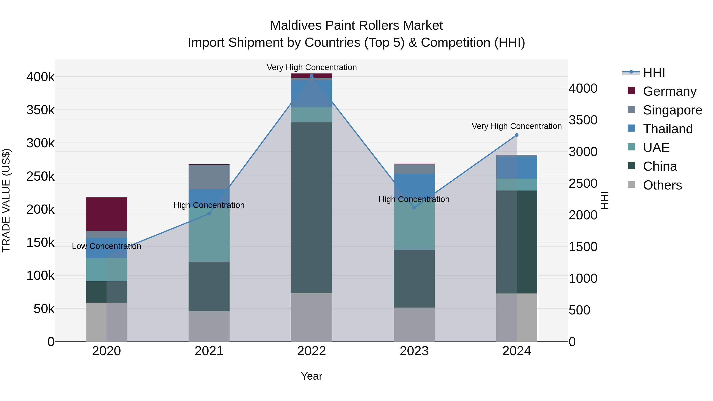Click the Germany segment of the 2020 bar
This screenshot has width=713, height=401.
106,214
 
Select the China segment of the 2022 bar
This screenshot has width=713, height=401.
311,208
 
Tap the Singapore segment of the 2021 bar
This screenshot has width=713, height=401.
209,177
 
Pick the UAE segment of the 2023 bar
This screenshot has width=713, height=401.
414,227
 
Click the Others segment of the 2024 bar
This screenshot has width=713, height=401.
517,317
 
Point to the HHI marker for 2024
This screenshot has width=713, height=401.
517,135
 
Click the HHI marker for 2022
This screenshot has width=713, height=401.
311,76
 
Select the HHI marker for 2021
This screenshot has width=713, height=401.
209,214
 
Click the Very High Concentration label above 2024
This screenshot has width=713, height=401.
517,126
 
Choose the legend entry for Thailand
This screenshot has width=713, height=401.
668,129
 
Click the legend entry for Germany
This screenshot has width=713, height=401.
669,91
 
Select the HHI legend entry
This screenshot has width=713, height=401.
654,72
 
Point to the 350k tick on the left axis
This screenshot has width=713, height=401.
40,110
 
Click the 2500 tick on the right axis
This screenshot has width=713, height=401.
583,184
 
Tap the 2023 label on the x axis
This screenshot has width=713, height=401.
414,351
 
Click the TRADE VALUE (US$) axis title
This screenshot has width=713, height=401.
6,200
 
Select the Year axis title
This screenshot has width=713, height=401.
311,376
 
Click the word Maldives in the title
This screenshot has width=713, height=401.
296,26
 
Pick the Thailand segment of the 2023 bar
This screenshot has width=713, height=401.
414,184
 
